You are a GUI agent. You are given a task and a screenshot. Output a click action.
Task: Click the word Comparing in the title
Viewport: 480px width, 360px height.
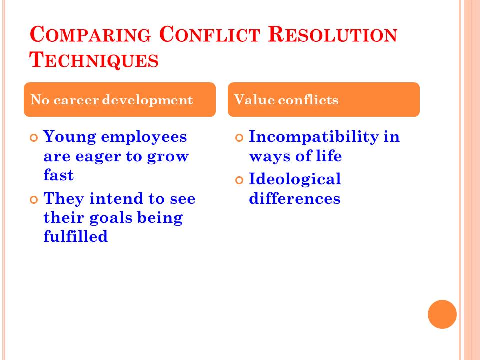[90, 34]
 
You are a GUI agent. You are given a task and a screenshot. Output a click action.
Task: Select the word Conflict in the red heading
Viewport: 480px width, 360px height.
[209, 34]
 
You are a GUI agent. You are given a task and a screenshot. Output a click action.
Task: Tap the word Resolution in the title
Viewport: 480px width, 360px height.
[333, 34]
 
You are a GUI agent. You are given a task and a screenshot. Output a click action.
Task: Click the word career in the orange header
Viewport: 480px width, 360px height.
[76, 100]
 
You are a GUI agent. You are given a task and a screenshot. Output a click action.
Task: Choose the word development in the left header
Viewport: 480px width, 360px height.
[147, 100]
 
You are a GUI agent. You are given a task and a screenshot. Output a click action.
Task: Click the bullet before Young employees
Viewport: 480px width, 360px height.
[34, 138]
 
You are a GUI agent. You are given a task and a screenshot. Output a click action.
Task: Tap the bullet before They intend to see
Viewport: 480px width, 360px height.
[34, 200]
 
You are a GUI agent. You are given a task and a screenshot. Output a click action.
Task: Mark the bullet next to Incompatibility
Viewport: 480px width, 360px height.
[239, 138]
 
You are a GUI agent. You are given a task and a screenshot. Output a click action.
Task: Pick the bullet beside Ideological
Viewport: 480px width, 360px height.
[239, 180]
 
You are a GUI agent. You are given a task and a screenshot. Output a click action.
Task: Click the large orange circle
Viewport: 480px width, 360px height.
[442, 314]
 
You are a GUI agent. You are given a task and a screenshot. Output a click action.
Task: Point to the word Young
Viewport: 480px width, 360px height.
[70, 137]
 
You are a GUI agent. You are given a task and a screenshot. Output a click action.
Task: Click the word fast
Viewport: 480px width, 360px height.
[59, 175]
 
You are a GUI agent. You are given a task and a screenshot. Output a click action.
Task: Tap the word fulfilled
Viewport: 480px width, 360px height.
[76, 236]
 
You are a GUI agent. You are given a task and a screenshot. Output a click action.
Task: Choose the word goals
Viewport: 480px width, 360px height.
[111, 218]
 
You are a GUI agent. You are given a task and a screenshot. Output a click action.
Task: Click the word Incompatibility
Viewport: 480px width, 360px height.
[314, 136]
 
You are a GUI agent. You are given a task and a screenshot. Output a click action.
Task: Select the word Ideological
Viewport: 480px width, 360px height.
[295, 179]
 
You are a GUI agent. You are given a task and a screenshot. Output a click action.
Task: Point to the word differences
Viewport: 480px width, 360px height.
[295, 198]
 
